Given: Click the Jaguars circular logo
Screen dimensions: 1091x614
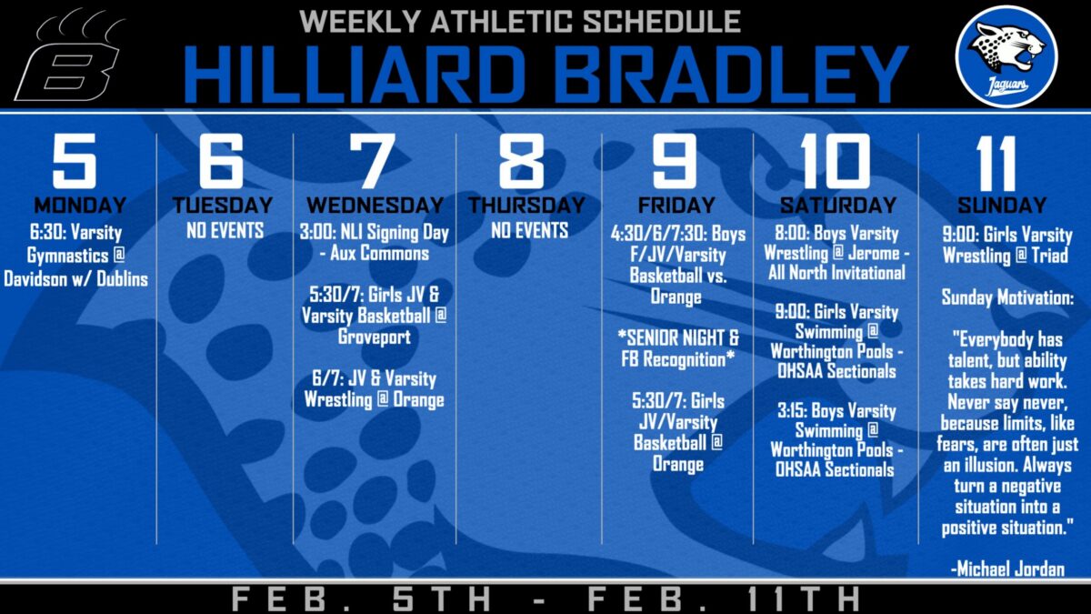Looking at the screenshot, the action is point(1006,56).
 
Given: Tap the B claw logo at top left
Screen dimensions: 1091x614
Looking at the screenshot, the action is point(72,57).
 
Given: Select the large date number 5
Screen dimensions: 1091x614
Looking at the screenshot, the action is point(74,161).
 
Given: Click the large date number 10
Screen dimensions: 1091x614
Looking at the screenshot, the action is point(835,161).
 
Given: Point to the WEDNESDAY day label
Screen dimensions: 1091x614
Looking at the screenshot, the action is point(375,206).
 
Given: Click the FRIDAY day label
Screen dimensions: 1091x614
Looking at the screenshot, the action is point(676,206).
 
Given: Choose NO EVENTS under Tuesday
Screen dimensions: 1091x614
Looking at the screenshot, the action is point(225,230).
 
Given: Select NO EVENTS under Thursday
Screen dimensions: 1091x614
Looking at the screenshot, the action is point(529,230).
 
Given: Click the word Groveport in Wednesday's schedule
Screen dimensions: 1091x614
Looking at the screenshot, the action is point(374,337).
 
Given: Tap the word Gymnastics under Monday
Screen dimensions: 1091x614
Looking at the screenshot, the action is point(67,256).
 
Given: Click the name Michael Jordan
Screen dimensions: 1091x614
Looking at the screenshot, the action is point(1010,569).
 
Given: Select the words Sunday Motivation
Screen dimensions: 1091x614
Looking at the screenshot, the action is point(1007,297).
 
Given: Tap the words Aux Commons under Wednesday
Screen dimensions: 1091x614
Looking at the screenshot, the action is point(379,253).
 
